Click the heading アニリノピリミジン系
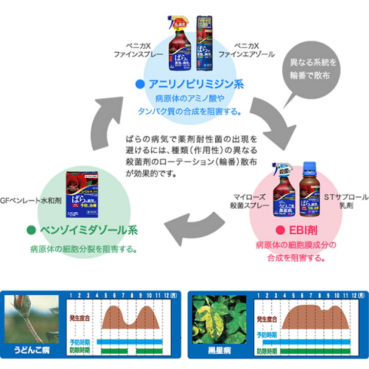(x=188, y=84)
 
